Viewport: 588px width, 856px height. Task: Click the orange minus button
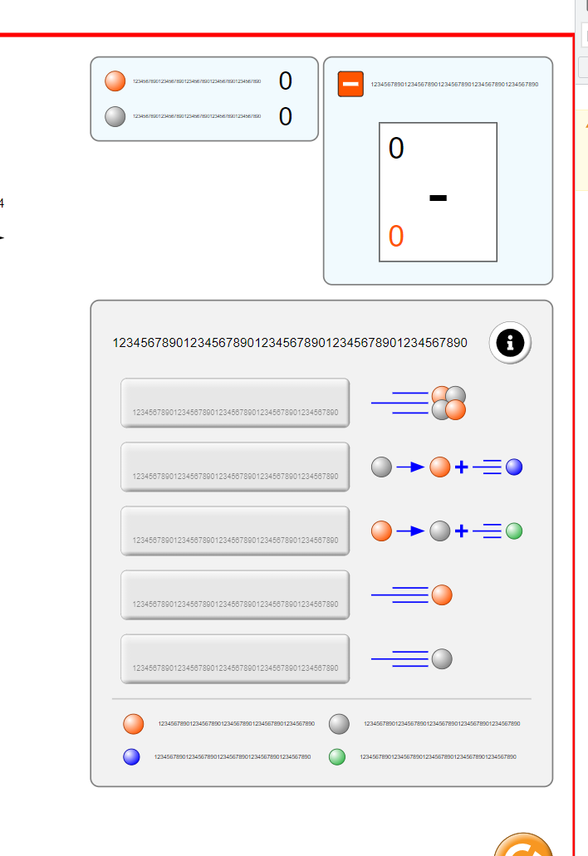pos(350,84)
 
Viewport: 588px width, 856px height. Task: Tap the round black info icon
pos(510,342)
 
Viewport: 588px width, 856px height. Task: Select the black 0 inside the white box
pos(396,149)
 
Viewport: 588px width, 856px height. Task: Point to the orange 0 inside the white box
pos(396,237)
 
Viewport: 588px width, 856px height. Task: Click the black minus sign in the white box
pos(438,198)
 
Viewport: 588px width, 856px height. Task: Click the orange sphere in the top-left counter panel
pos(115,81)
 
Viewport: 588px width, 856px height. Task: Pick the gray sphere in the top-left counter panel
pos(115,117)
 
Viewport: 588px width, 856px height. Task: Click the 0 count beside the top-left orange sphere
pos(286,81)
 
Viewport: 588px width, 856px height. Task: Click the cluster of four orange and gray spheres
pos(448,403)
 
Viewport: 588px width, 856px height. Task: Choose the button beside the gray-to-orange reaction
pos(235,467)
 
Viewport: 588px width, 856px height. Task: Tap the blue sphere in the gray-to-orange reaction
pos(514,467)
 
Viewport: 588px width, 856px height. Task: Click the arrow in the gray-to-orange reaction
pos(410,467)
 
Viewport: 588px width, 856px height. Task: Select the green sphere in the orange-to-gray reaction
pos(514,531)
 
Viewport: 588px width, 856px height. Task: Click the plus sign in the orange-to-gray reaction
pos(462,531)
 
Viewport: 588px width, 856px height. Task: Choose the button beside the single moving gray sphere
pos(235,658)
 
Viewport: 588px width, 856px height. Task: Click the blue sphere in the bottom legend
pos(131,756)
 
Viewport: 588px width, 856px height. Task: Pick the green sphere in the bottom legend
pos(337,756)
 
